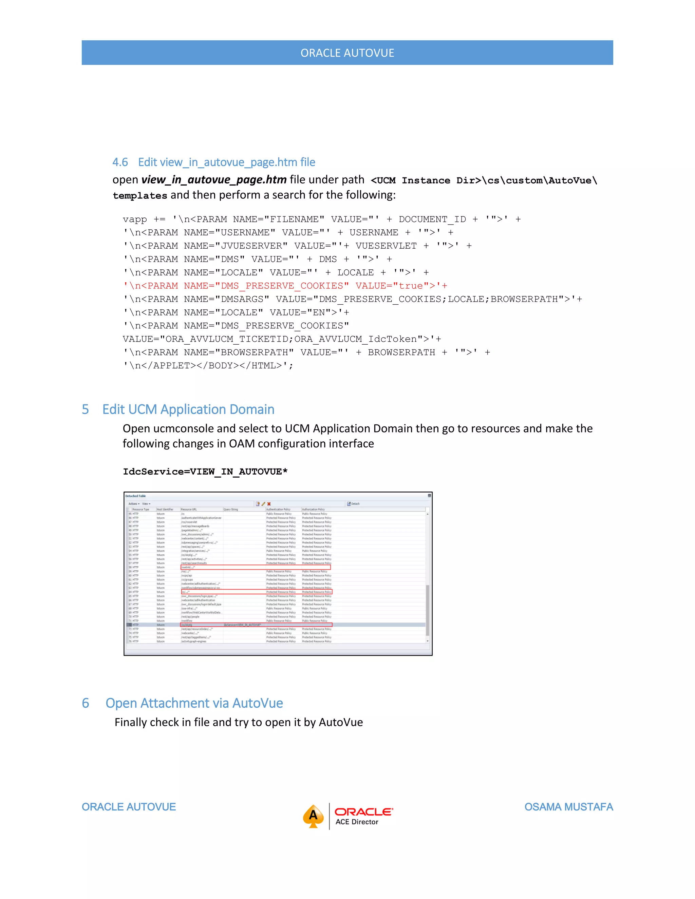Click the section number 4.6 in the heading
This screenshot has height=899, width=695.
point(120,162)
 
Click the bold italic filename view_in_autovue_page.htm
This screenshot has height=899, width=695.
point(214,180)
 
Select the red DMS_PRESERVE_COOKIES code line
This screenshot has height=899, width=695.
point(285,286)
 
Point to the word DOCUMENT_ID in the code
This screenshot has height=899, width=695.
point(432,219)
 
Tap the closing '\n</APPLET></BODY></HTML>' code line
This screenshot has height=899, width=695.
point(208,365)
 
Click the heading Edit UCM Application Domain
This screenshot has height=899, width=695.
point(188,409)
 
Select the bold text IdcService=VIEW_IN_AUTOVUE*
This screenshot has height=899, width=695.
point(205,472)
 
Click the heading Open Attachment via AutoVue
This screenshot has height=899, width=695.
point(194,703)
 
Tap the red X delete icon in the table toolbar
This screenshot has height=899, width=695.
point(269,504)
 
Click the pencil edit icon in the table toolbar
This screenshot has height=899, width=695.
point(263,504)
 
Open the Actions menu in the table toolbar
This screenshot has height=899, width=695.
point(134,504)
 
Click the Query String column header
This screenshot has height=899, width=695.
point(231,510)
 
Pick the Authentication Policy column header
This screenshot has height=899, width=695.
point(278,510)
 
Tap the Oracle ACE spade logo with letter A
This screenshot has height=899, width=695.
point(313,816)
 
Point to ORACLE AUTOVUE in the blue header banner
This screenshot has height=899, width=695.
point(347,53)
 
